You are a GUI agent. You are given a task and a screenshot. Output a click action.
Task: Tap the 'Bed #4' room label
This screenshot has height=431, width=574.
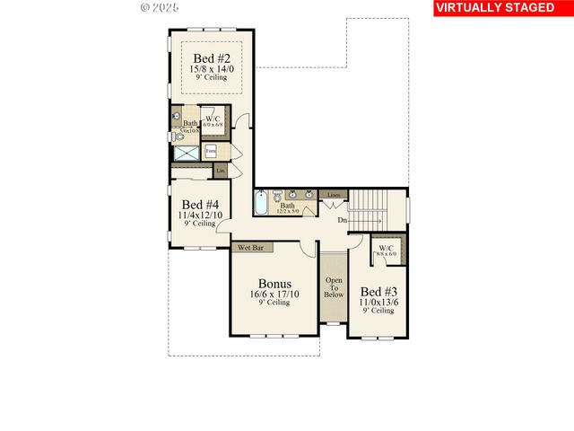[x=198, y=203]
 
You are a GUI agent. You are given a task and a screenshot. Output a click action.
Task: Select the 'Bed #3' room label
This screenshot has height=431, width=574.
[x=377, y=292]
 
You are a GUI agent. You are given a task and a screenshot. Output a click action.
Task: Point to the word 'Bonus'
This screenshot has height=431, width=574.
[x=274, y=283]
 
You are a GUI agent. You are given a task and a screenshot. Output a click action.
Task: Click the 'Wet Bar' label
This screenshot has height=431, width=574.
[x=249, y=247]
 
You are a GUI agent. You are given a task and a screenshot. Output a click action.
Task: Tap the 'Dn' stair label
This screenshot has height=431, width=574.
[x=343, y=219]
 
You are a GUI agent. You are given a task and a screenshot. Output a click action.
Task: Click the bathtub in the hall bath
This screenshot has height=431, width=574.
[x=261, y=205]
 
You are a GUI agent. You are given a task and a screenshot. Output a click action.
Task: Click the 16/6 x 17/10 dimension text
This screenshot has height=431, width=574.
[x=274, y=294]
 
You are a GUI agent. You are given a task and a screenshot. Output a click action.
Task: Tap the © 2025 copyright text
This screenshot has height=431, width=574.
[x=160, y=7]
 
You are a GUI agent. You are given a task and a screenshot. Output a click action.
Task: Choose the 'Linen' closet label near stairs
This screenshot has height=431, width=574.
[x=333, y=194]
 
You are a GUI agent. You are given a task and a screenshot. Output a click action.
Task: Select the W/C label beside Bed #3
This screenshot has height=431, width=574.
[x=386, y=249]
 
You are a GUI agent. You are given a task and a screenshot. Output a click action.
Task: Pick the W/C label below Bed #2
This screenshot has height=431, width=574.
[x=213, y=119]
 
